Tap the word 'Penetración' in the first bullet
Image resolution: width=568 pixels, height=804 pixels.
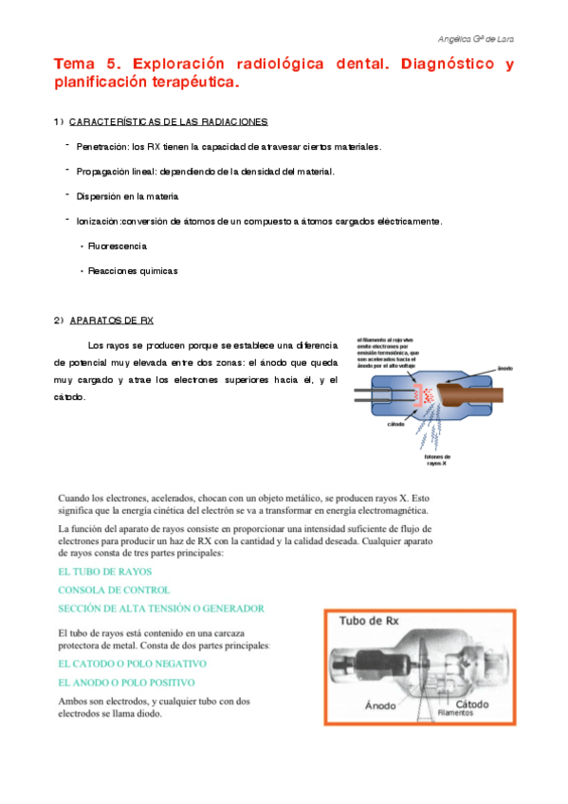pyautogui.click(x=102, y=147)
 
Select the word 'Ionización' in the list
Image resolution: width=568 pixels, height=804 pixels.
pyautogui.click(x=98, y=221)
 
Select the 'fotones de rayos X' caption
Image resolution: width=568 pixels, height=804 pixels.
pyautogui.click(x=436, y=461)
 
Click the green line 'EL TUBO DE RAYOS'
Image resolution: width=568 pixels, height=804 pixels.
pyautogui.click(x=104, y=572)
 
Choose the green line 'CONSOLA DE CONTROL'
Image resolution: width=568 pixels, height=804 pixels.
pyautogui.click(x=114, y=590)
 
